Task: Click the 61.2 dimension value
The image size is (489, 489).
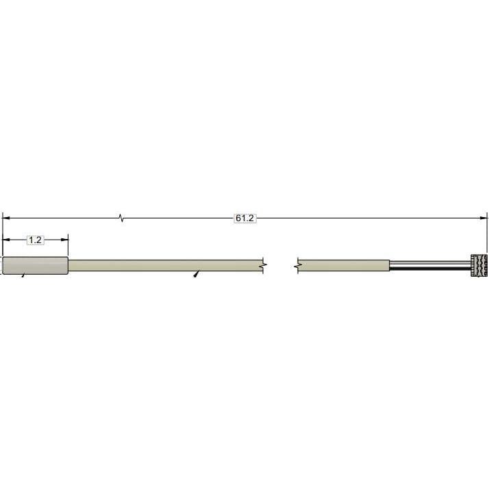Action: click(x=244, y=218)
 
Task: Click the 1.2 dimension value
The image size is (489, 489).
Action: click(x=35, y=240)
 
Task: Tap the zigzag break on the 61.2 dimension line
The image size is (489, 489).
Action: click(x=122, y=218)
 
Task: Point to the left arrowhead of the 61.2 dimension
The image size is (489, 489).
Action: click(x=5, y=218)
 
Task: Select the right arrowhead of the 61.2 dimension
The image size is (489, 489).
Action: click(x=485, y=218)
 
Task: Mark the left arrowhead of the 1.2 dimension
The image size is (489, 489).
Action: click(x=5, y=240)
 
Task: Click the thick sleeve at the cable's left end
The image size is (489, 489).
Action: click(x=35, y=266)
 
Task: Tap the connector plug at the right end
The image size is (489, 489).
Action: click(x=479, y=265)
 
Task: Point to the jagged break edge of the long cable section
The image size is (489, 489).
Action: click(x=264, y=266)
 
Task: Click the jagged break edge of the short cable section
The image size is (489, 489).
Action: click(x=298, y=266)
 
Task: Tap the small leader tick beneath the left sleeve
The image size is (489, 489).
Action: click(x=23, y=275)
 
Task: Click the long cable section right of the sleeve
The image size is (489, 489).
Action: click(x=164, y=266)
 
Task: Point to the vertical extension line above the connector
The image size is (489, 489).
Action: click(x=488, y=233)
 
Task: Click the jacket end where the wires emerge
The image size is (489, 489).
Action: click(x=389, y=266)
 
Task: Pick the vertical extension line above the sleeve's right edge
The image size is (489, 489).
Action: click(x=68, y=247)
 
